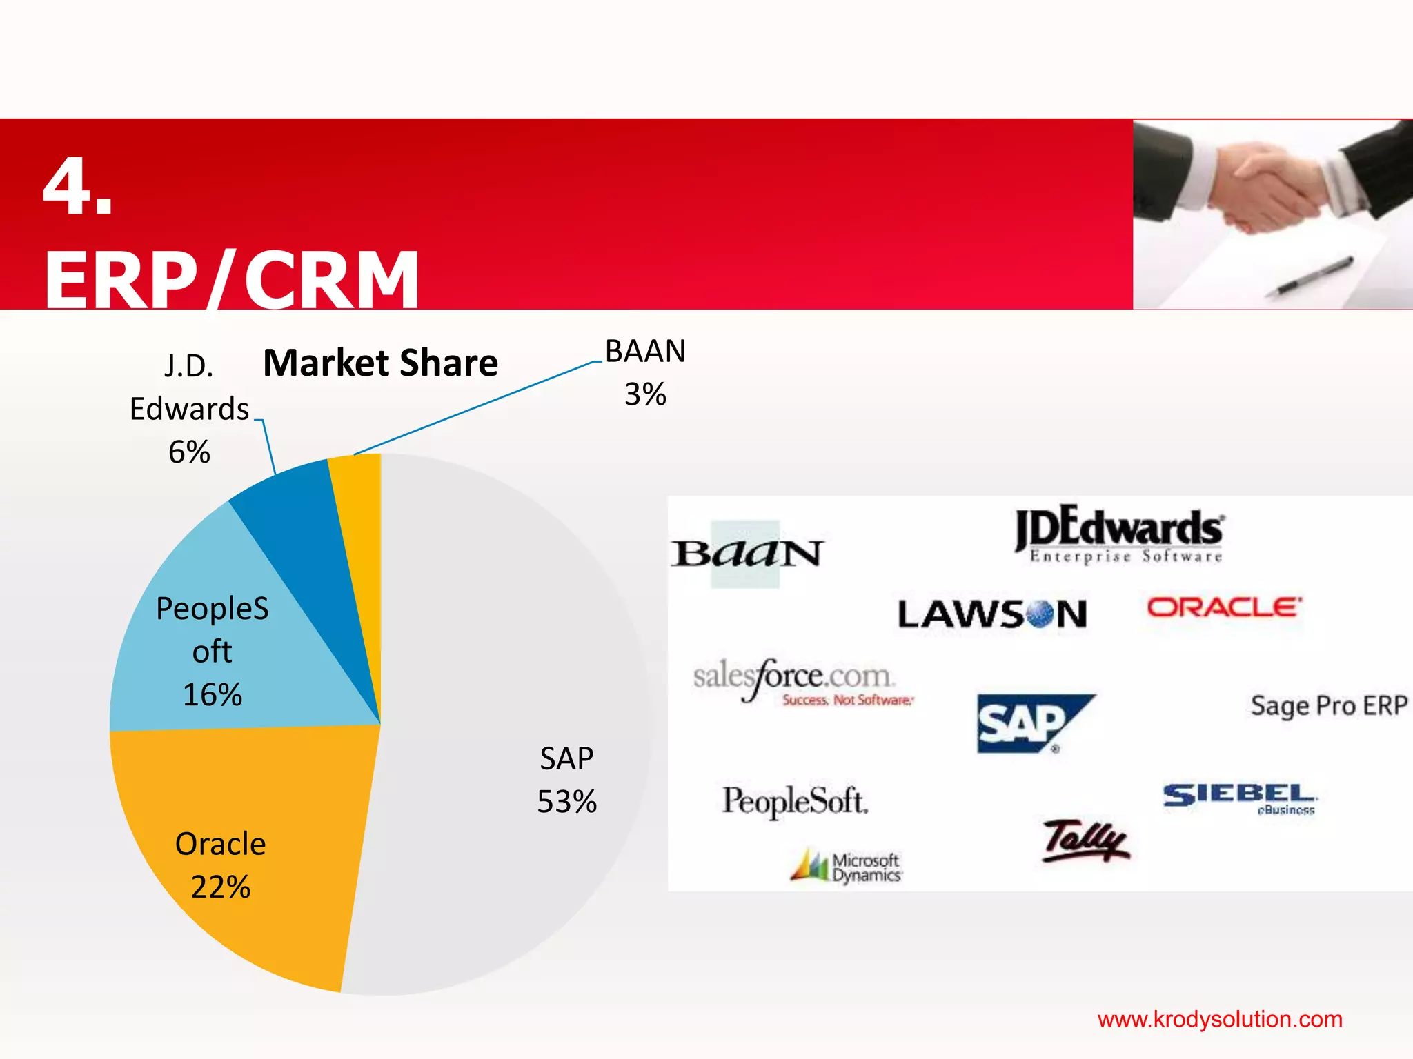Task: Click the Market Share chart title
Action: (x=380, y=363)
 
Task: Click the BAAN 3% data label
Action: (x=645, y=372)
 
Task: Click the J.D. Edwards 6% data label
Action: (x=188, y=409)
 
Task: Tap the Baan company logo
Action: (x=747, y=554)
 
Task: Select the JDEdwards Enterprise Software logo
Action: (x=1119, y=534)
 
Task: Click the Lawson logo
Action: (x=992, y=614)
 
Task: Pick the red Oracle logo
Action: (x=1224, y=607)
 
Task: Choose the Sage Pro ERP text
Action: (x=1329, y=705)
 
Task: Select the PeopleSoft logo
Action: (x=795, y=801)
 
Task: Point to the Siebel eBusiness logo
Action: (x=1240, y=798)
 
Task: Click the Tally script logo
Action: (x=1085, y=841)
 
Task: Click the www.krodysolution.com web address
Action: (x=1220, y=1019)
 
